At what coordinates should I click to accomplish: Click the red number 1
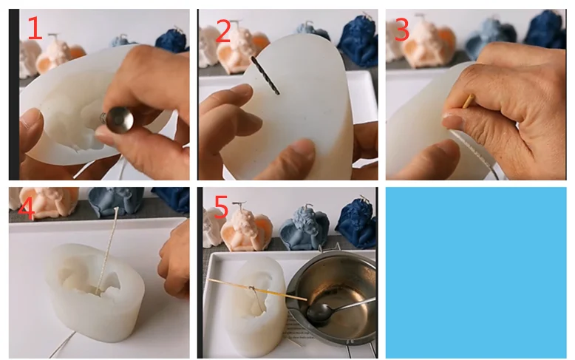[x=35, y=27]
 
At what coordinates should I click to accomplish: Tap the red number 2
[x=223, y=31]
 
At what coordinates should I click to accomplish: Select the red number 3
[x=402, y=30]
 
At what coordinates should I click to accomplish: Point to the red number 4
[x=26, y=208]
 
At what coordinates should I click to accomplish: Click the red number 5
[x=221, y=207]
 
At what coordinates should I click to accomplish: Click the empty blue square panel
[x=476, y=273]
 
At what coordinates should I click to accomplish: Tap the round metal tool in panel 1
[x=119, y=119]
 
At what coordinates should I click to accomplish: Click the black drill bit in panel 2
[x=265, y=75]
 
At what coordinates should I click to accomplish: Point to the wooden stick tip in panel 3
[x=469, y=101]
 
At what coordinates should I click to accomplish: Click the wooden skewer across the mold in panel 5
[x=257, y=290]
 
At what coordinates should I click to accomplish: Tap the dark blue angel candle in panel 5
[x=357, y=223]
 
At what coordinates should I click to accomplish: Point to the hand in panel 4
[x=174, y=259]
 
